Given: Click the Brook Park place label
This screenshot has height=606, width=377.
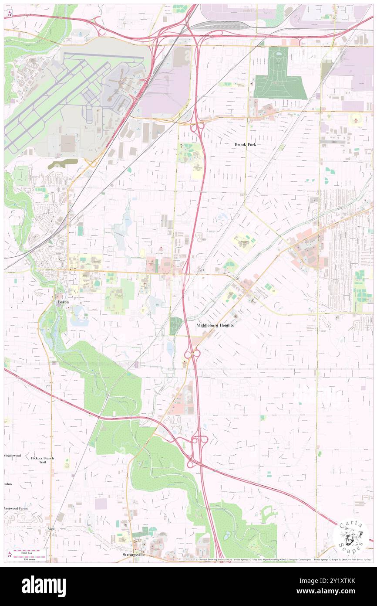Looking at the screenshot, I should [245, 144].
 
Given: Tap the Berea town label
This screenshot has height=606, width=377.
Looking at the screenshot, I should [61, 301].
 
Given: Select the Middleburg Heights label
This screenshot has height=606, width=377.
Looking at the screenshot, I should [215, 325].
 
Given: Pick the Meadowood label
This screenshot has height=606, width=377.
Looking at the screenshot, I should [13, 456].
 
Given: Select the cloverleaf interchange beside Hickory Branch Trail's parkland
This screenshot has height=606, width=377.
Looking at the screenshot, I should [198, 451].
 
